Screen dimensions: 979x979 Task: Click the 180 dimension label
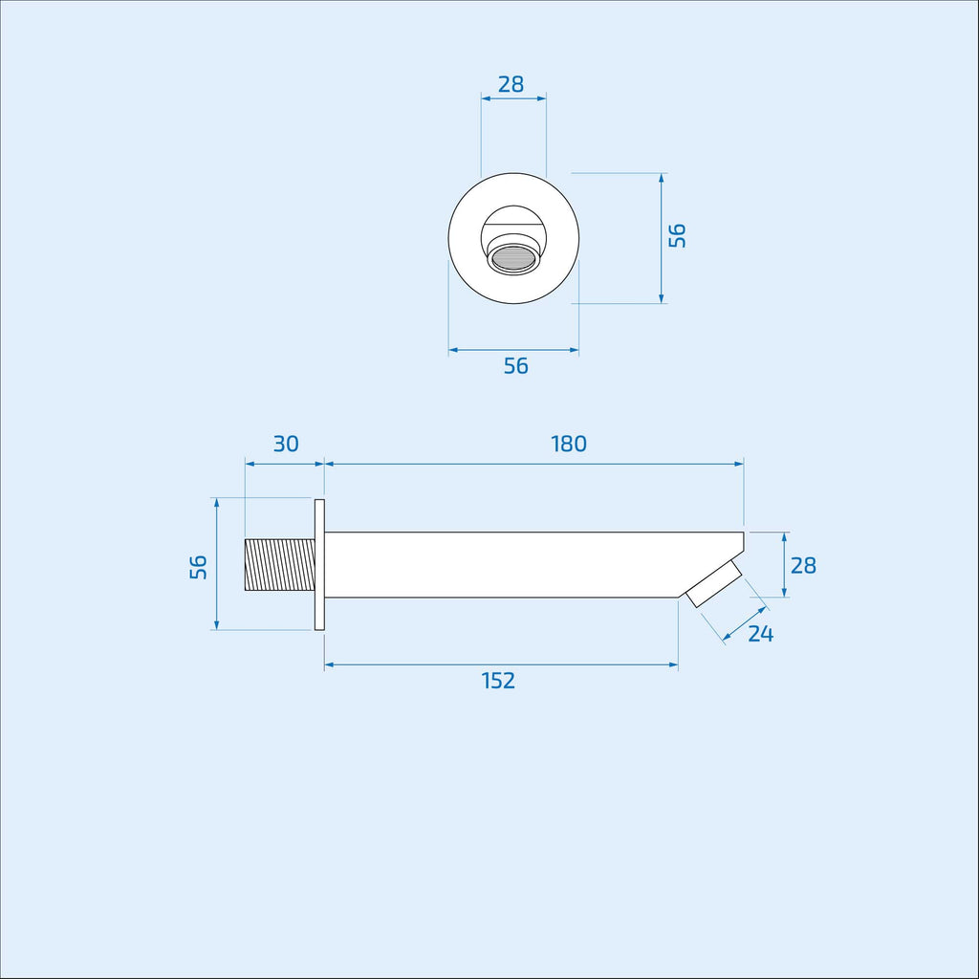[x=569, y=444]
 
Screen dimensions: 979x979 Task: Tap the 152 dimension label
[x=498, y=681]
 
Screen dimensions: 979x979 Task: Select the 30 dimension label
[x=286, y=444]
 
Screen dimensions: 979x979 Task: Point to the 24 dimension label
[x=760, y=634]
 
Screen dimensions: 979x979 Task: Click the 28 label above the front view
[x=511, y=84]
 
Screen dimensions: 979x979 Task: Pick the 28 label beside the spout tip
[x=803, y=565]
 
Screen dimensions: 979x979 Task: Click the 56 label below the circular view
[x=515, y=366]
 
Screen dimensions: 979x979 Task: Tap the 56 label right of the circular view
[x=678, y=235]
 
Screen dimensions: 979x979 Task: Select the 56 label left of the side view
[x=199, y=567]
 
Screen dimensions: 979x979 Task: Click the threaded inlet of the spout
[x=280, y=564]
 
